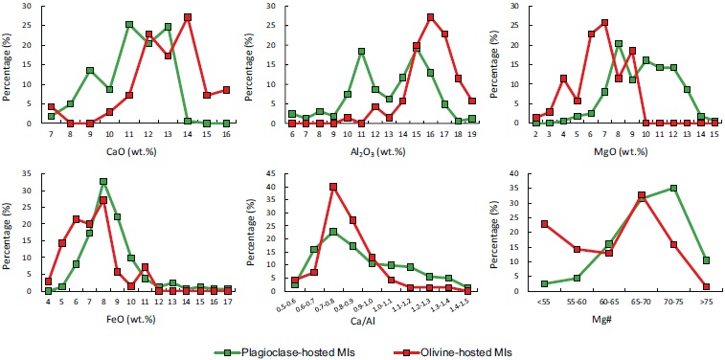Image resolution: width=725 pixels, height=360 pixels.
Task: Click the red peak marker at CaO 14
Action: point(188,17)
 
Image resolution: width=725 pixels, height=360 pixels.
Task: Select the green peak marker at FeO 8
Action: point(102,182)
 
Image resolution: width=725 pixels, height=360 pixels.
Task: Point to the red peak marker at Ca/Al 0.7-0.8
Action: point(332,187)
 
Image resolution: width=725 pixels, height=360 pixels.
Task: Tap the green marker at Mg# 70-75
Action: point(674,189)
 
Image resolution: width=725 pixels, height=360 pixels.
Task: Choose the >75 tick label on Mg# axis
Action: point(706,301)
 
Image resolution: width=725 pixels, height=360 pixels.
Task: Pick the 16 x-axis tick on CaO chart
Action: point(226,134)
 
